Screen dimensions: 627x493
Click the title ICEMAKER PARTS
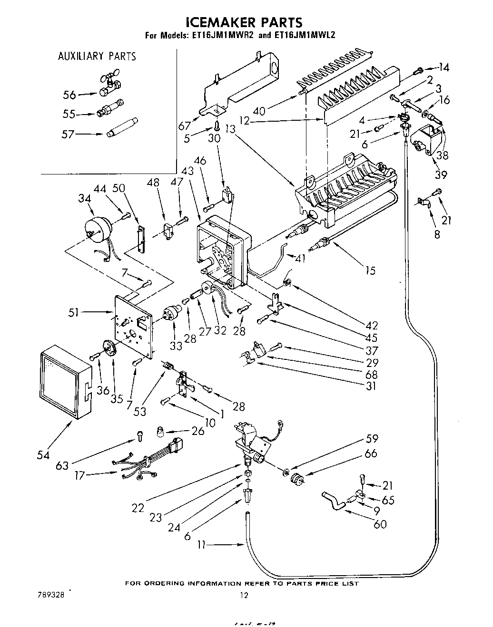(244, 22)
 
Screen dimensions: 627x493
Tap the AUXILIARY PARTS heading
(97, 57)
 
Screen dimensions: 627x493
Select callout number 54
(43, 455)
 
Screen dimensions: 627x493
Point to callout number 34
(85, 198)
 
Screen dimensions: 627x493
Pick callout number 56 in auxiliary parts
(69, 95)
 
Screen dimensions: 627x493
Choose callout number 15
(370, 270)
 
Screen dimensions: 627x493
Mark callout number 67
(184, 125)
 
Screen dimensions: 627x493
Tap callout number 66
(371, 453)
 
